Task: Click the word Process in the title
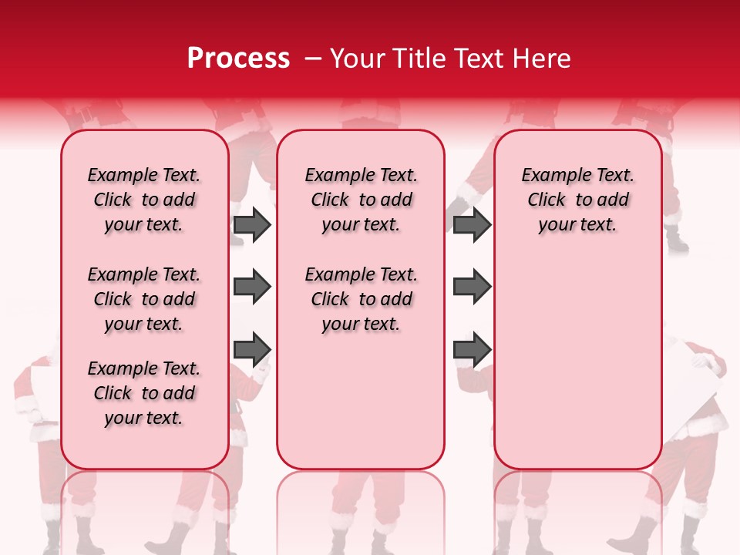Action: (x=238, y=59)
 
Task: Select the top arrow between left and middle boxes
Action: (x=252, y=225)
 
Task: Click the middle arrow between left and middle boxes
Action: (x=252, y=288)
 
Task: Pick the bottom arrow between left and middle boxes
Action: (x=252, y=348)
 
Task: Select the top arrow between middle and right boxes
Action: (x=472, y=225)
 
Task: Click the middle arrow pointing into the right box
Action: (x=472, y=288)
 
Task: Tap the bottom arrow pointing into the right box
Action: (x=472, y=348)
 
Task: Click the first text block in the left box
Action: (x=144, y=200)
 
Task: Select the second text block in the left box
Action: (x=144, y=299)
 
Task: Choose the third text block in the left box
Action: (x=144, y=393)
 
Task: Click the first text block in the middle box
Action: (x=361, y=200)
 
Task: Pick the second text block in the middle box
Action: (x=361, y=299)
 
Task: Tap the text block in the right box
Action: (x=577, y=200)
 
